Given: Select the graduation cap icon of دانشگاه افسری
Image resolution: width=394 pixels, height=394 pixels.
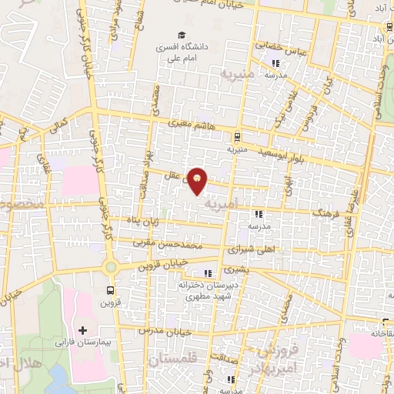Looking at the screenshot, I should [x=182, y=35].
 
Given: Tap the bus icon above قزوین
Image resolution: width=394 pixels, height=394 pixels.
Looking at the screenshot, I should [x=111, y=290].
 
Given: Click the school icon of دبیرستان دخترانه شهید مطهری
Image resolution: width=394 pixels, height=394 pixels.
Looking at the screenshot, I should [x=207, y=272].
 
